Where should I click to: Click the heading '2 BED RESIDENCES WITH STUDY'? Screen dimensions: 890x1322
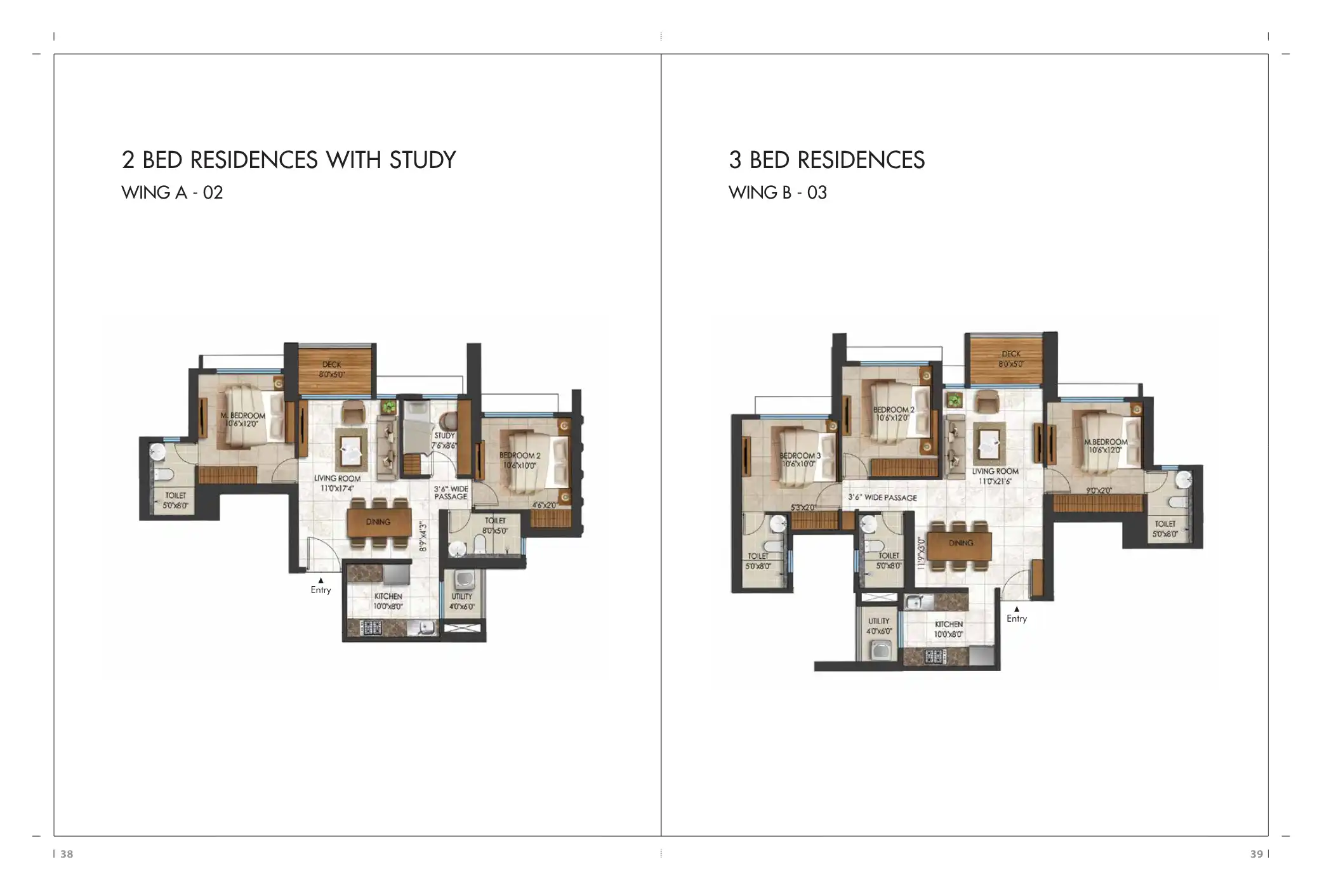289,160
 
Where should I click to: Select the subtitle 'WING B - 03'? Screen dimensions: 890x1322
777,193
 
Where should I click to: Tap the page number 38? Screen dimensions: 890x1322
67,854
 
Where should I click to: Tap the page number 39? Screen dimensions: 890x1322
1256,854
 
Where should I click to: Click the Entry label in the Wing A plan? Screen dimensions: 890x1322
321,590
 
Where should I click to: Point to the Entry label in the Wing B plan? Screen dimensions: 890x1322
1016,618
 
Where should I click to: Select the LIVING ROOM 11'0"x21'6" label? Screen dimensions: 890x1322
995,476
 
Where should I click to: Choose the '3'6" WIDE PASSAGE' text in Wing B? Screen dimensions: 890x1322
882,498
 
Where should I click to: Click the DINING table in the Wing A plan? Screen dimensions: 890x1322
378,522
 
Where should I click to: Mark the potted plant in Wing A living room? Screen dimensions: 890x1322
388,407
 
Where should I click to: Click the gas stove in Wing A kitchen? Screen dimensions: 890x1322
371,628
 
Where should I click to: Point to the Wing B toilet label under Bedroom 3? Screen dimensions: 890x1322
758,561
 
